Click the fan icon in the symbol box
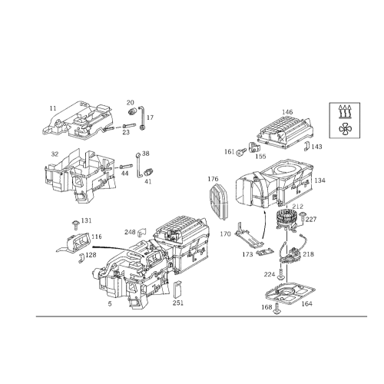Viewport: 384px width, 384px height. click(x=344, y=128)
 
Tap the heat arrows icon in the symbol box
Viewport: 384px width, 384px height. click(x=345, y=111)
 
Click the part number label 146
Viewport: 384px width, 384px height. click(x=287, y=112)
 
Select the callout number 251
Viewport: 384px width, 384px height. click(x=178, y=303)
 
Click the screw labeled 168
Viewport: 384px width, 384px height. click(x=276, y=309)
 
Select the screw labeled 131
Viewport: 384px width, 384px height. click(x=76, y=224)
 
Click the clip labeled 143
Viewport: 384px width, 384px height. click(x=306, y=146)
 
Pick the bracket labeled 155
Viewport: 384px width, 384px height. click(x=254, y=147)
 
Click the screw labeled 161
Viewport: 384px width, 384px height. click(x=241, y=152)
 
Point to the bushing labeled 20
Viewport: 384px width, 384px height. click(x=132, y=111)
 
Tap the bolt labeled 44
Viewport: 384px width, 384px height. click(x=126, y=167)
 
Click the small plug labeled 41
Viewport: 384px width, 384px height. click(x=149, y=172)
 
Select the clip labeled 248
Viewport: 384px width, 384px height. click(x=141, y=231)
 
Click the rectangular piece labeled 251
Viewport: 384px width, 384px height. click(x=178, y=290)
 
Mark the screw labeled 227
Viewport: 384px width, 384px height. click(x=303, y=217)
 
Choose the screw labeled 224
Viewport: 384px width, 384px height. click(x=281, y=274)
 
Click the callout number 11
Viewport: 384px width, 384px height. click(x=53, y=108)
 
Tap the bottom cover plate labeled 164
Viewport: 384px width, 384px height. click(x=290, y=294)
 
